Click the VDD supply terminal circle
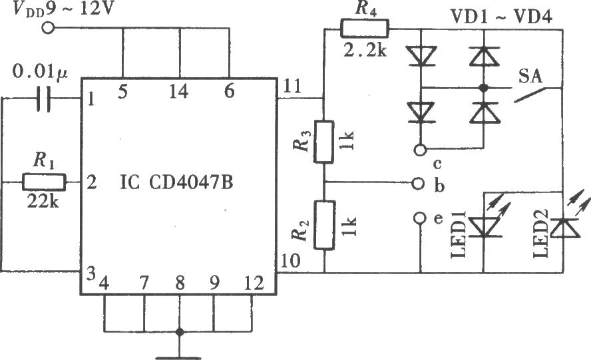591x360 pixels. pyautogui.click(x=48, y=27)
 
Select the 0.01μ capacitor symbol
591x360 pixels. pyautogui.click(x=44, y=99)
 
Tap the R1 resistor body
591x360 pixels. pyautogui.click(x=44, y=182)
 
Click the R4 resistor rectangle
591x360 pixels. pyautogui.click(x=365, y=29)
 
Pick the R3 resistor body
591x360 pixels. pyautogui.click(x=323, y=142)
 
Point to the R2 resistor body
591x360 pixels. pyautogui.click(x=324, y=225)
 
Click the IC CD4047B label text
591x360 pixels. pyautogui.click(x=176, y=183)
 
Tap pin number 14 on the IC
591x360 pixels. pyautogui.click(x=178, y=92)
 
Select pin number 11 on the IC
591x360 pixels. pyautogui.click(x=292, y=87)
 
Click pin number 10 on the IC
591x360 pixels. pyautogui.click(x=291, y=261)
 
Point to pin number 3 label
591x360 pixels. pyautogui.click(x=91, y=274)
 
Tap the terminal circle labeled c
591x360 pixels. pyautogui.click(x=420, y=150)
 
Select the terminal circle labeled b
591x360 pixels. pyautogui.click(x=418, y=184)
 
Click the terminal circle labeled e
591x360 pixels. pyautogui.click(x=420, y=218)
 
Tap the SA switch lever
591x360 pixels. pyautogui.click(x=530, y=94)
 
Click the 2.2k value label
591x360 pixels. pyautogui.click(x=365, y=49)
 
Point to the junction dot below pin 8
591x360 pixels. pyautogui.click(x=180, y=332)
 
